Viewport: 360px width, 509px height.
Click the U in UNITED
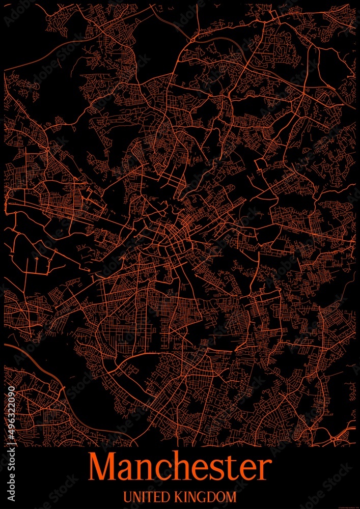pos(128,497)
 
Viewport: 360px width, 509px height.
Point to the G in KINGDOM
pos(204,497)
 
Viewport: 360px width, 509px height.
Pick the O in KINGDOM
pos(221,497)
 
